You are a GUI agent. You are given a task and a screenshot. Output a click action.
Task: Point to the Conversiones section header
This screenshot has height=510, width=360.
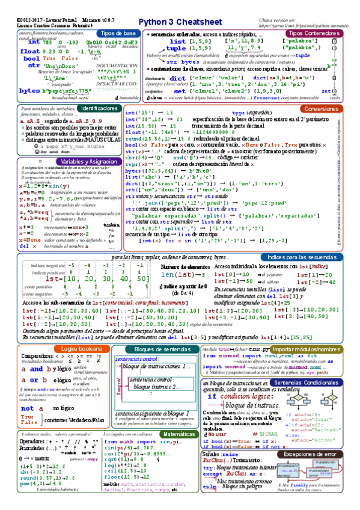321,109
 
